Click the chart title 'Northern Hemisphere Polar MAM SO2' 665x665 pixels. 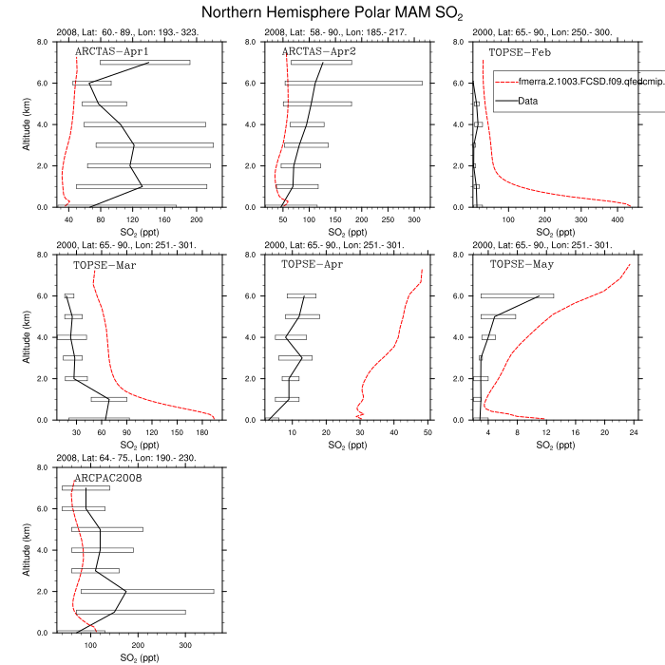pos(332,13)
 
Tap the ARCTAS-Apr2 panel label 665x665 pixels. pos(319,51)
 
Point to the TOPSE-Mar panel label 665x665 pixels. pos(104,264)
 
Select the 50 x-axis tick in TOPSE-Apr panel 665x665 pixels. pos(427,433)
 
